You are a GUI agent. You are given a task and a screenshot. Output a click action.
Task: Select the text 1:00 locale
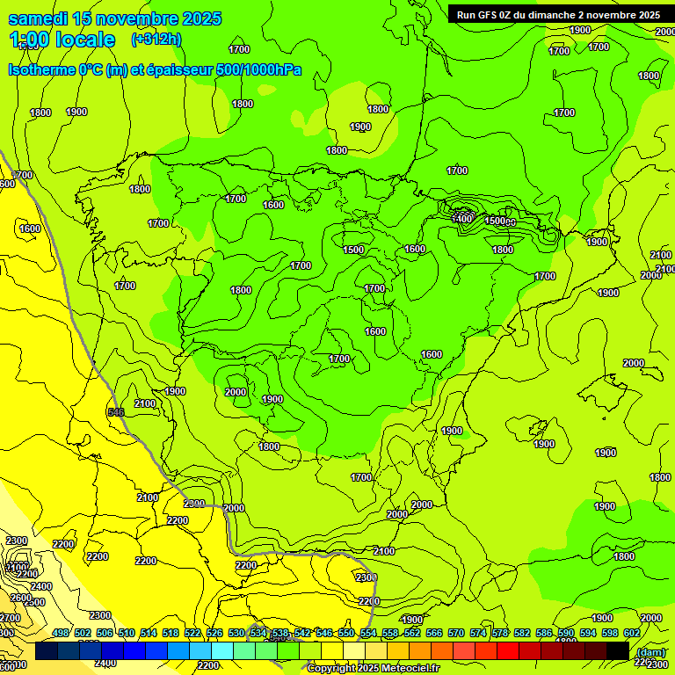(x=62, y=40)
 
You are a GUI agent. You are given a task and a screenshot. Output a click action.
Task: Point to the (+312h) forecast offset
(x=156, y=40)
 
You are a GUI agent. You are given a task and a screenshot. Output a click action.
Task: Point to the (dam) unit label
(x=650, y=652)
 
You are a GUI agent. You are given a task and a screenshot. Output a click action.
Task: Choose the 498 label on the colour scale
(x=60, y=634)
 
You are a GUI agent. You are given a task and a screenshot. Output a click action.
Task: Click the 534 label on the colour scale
(x=258, y=634)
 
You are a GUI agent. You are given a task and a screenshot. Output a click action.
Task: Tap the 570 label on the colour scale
(x=455, y=634)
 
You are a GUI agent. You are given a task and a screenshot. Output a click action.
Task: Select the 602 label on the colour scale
(x=631, y=634)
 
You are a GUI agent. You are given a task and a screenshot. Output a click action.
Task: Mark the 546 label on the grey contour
(x=115, y=412)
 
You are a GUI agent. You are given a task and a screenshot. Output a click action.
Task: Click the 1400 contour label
(x=462, y=218)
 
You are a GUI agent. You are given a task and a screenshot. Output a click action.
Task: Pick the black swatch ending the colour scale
(x=618, y=651)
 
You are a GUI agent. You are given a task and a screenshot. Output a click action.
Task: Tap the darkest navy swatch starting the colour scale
(x=47, y=651)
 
